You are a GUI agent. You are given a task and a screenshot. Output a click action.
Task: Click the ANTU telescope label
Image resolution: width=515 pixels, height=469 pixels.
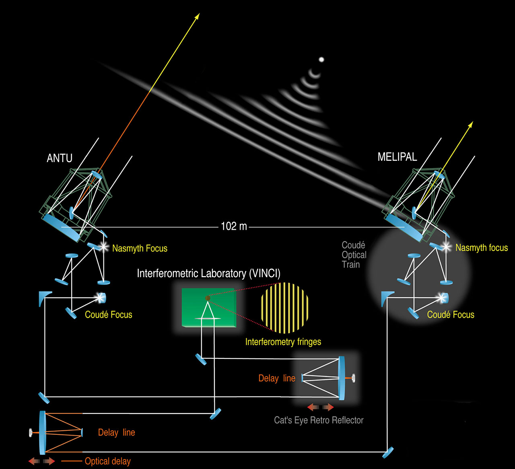point(60,158)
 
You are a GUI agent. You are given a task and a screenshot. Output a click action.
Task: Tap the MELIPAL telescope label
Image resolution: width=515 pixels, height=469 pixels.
point(397,157)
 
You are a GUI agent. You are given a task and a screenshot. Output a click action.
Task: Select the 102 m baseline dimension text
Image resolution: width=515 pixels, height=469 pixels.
point(234,226)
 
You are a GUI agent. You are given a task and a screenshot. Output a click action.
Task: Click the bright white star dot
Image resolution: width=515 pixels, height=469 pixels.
point(321,60)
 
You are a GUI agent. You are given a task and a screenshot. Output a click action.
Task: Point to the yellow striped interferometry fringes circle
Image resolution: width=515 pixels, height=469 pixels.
point(285,308)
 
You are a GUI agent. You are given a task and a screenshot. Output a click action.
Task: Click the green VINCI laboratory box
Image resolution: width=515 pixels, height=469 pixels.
point(208,308)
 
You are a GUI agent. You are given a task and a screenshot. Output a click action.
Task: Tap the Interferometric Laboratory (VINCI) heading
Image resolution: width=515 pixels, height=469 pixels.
point(208,274)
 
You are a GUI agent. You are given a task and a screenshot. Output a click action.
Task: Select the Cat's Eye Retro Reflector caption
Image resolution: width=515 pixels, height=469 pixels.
point(319,420)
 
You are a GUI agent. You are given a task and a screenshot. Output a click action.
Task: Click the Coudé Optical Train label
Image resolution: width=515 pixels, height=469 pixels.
point(354,255)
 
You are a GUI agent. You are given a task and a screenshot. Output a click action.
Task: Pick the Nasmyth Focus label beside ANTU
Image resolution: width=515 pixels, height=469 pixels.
point(140,249)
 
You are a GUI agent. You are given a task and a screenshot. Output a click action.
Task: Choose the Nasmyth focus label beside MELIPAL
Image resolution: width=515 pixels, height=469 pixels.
point(482,248)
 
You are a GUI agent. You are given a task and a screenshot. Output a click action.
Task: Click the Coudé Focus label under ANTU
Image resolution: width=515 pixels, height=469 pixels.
point(108,315)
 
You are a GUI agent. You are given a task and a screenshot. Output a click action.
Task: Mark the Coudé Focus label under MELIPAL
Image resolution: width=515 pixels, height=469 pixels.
point(451,315)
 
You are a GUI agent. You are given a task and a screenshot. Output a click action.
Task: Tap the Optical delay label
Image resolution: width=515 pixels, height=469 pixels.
point(107,461)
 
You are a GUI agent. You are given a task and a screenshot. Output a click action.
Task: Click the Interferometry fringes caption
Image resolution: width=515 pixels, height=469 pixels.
point(283,342)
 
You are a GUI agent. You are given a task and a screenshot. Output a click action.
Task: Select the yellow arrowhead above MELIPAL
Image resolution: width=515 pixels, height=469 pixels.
point(470,124)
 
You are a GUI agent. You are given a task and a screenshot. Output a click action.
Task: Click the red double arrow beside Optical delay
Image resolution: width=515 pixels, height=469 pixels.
point(41,461)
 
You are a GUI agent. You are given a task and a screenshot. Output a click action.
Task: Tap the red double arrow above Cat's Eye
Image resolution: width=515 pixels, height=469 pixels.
point(320,407)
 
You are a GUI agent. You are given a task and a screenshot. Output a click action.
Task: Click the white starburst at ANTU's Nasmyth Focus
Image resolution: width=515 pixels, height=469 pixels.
point(104,246)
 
